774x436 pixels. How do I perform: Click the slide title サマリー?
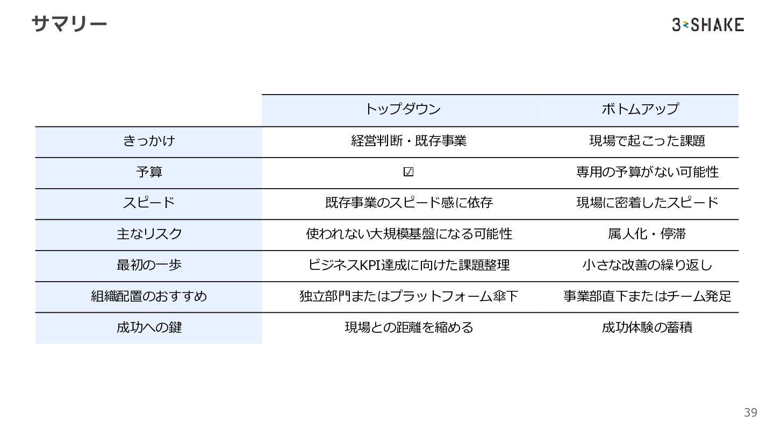pyautogui.click(x=69, y=24)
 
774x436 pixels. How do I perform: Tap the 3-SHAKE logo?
pyautogui.click(x=707, y=25)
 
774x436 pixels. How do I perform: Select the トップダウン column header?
pyautogui.click(x=403, y=109)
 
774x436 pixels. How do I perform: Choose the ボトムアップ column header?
pyautogui.click(x=640, y=109)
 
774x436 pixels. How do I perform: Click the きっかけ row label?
pyautogui.click(x=149, y=141)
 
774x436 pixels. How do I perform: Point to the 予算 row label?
pyautogui.click(x=149, y=172)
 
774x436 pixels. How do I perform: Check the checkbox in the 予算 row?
pyautogui.click(x=408, y=172)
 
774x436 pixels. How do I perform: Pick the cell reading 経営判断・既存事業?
pyautogui.click(x=408, y=141)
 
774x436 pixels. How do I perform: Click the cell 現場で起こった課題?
pyautogui.click(x=647, y=141)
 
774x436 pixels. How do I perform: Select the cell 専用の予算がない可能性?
pyautogui.click(x=647, y=172)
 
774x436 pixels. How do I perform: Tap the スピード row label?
pyautogui.click(x=149, y=203)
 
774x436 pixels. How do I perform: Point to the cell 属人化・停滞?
pyautogui.click(x=647, y=234)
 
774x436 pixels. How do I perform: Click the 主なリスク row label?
pyautogui.click(x=149, y=234)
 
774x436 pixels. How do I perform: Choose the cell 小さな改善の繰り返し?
pyautogui.click(x=647, y=265)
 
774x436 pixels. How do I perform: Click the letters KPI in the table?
pyautogui.click(x=369, y=265)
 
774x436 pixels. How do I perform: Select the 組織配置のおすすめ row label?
pyautogui.click(x=149, y=296)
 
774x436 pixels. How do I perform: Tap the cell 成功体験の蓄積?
pyautogui.click(x=647, y=327)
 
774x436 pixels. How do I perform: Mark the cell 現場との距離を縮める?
pyautogui.click(x=408, y=327)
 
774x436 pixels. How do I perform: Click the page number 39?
pyautogui.click(x=750, y=412)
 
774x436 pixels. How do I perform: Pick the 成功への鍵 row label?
pyautogui.click(x=149, y=327)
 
